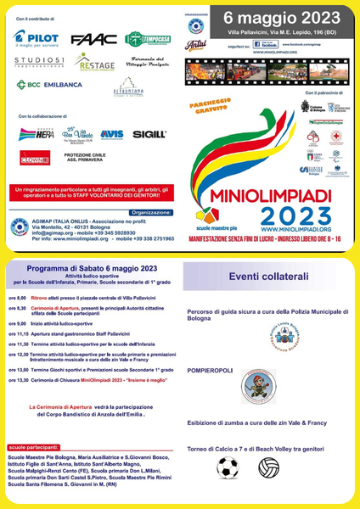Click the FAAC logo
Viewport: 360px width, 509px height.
89,39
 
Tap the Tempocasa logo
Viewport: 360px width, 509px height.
147,39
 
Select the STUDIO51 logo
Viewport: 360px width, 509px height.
39,62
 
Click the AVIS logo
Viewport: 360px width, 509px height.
111,134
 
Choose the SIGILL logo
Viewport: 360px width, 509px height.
150,134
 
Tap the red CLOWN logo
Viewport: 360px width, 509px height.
35,157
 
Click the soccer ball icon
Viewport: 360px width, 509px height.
228,467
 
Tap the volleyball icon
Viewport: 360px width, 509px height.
269,467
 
